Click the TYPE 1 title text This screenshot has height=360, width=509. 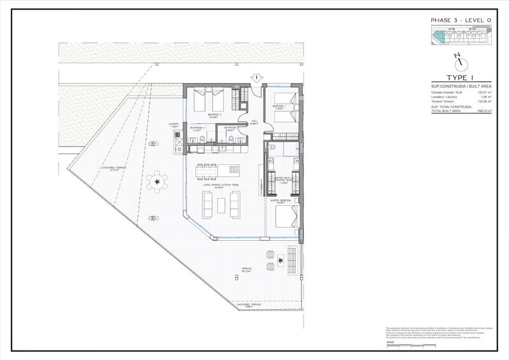coord(455,78)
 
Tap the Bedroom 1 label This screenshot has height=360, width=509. coord(278,106)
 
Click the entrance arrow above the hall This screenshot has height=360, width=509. coord(255,78)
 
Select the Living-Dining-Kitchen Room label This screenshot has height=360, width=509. coord(226,185)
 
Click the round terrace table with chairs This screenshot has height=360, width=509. coord(157,184)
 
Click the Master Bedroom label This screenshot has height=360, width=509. coord(280,200)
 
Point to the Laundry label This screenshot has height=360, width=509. coord(174,125)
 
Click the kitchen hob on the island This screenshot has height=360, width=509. coord(233,170)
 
